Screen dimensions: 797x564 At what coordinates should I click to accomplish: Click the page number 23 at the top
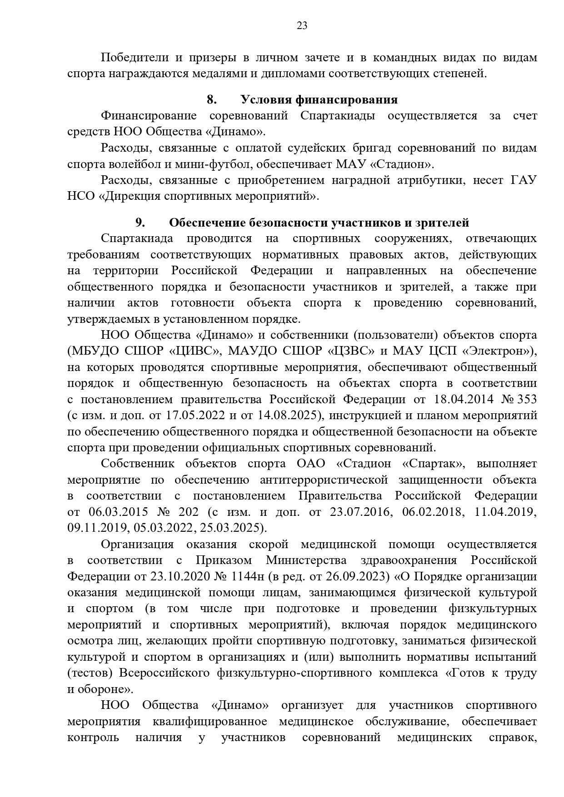point(302,26)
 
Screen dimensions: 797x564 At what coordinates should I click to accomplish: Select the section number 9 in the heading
point(140,223)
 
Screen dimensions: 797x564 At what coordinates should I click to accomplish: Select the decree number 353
point(526,399)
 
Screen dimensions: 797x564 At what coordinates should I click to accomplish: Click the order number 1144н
point(248,576)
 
